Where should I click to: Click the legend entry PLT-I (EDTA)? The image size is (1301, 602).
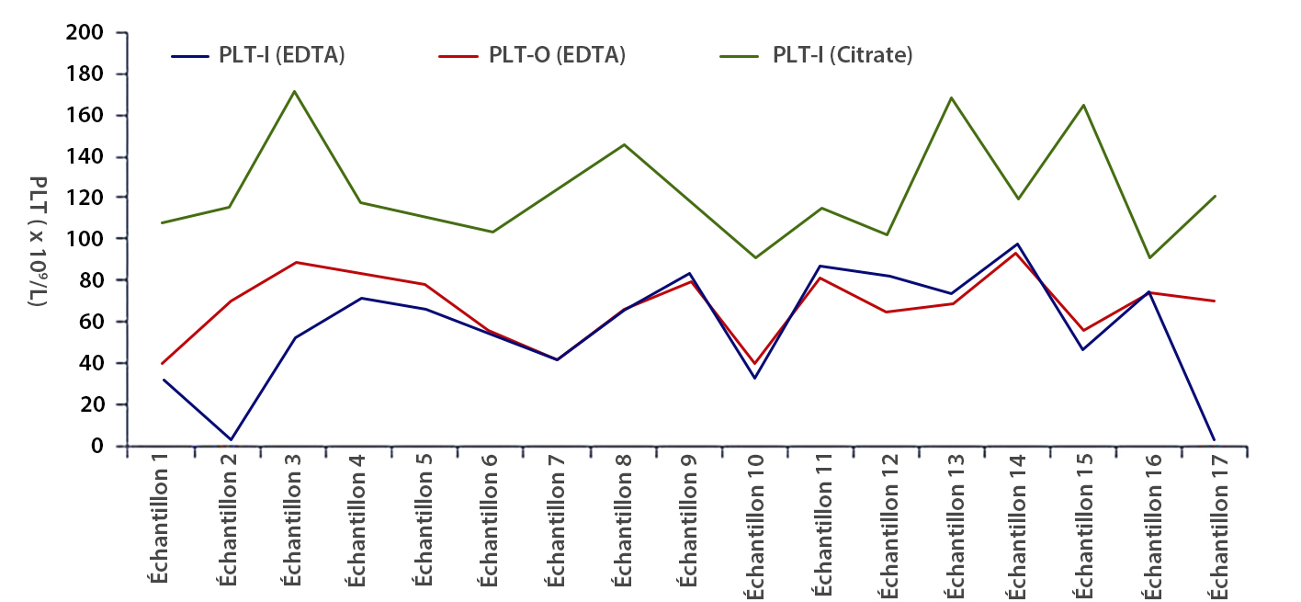(x=281, y=55)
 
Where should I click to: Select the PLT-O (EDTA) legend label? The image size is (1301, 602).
(x=557, y=55)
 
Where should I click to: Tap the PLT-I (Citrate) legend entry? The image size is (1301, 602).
(x=842, y=55)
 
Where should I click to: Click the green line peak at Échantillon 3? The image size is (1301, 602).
(x=294, y=91)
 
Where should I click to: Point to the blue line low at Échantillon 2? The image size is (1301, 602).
(x=230, y=439)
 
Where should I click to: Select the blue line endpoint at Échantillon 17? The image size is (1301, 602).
(x=1215, y=439)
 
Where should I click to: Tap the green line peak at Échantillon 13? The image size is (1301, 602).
(x=952, y=97)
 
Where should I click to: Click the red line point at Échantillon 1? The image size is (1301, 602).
(x=163, y=364)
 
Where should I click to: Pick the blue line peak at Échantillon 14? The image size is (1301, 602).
(x=1018, y=244)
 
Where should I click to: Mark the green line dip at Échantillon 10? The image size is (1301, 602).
(x=755, y=257)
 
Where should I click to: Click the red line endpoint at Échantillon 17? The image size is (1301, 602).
(x=1215, y=301)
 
